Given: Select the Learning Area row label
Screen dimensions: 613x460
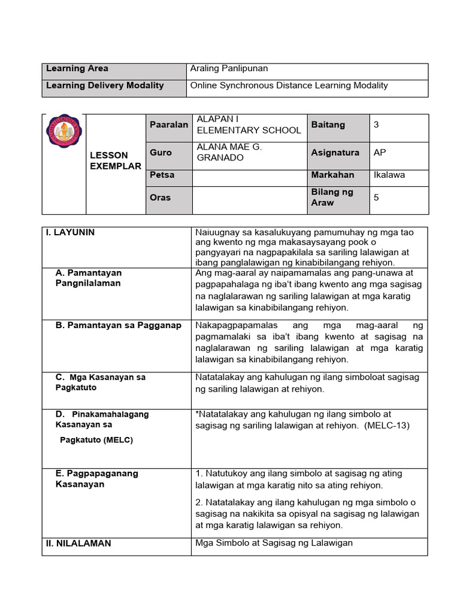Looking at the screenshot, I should click(x=77, y=69).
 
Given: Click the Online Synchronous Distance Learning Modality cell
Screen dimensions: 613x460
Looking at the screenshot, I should click(x=289, y=86).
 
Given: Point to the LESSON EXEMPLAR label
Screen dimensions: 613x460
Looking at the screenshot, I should click(x=116, y=160).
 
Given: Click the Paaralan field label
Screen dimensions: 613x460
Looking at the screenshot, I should click(x=169, y=125).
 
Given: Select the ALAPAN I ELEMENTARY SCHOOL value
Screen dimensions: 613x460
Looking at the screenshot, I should click(x=249, y=125).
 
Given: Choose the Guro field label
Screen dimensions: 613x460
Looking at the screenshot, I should click(x=161, y=153).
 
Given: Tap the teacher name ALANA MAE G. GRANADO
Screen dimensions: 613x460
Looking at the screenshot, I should click(x=229, y=152).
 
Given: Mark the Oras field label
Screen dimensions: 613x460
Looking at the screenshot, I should click(x=161, y=198).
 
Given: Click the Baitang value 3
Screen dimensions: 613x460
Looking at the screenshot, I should click(x=376, y=125).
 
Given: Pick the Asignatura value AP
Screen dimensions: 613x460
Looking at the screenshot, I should click(x=380, y=153).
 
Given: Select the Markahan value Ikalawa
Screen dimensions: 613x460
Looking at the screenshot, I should click(x=389, y=175).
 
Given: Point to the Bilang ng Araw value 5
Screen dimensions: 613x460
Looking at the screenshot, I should click(x=376, y=197).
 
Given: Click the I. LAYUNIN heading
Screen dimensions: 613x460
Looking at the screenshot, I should click(x=71, y=232).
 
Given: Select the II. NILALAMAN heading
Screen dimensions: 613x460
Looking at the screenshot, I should click(x=78, y=544).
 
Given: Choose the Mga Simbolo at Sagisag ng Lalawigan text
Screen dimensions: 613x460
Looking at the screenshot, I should click(x=274, y=543).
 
